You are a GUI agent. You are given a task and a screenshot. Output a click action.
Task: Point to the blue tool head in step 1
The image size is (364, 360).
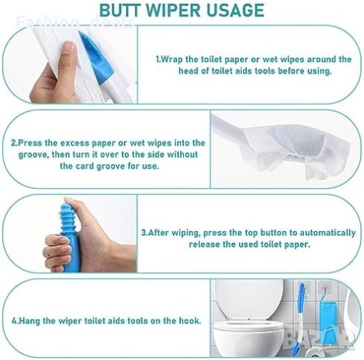[x=96, y=58]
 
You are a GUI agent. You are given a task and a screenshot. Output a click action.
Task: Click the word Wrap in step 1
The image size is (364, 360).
[x=171, y=60]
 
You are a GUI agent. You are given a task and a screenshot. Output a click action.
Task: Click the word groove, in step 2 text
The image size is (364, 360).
[x=33, y=155]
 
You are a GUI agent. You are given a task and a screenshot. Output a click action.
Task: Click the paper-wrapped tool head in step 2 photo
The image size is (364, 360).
[x=295, y=150]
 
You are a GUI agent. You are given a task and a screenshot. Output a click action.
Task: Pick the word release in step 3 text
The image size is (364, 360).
[x=203, y=244]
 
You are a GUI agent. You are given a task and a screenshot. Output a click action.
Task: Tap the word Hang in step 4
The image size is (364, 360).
[x=29, y=321]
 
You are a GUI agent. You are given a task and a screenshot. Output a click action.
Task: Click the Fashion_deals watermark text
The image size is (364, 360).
[x=75, y=22]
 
